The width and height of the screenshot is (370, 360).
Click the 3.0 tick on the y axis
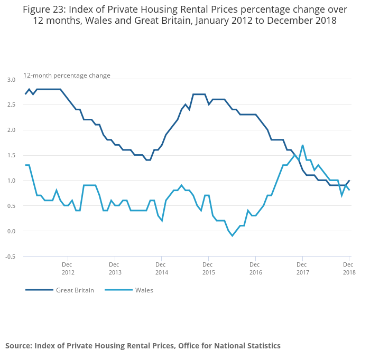pyautogui.click(x=11, y=80)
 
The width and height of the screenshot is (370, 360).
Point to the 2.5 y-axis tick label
pyautogui.click(x=11, y=105)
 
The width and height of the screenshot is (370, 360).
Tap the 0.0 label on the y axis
pyautogui.click(x=11, y=231)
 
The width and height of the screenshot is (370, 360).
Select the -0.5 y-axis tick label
pyautogui.click(x=10, y=257)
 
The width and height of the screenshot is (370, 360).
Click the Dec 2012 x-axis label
pyautogui.click(x=68, y=268)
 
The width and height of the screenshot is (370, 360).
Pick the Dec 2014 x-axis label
pyautogui.click(x=161, y=268)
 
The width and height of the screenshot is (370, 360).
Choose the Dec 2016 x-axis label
pyautogui.click(x=255, y=268)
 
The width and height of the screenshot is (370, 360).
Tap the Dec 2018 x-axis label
pyautogui.click(x=349, y=268)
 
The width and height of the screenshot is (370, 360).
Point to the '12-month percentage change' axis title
pyautogui.click(x=67, y=75)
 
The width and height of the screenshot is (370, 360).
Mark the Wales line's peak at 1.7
pyautogui.click(x=302, y=145)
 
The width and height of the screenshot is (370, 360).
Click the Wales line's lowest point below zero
pyautogui.click(x=232, y=236)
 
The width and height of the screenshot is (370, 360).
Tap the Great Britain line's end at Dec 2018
pyautogui.click(x=349, y=181)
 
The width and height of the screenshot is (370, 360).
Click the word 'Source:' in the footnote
pyautogui.click(x=18, y=346)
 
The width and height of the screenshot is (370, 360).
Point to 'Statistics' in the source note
pyautogui.click(x=262, y=346)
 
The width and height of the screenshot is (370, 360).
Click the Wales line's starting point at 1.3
pyautogui.click(x=25, y=165)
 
